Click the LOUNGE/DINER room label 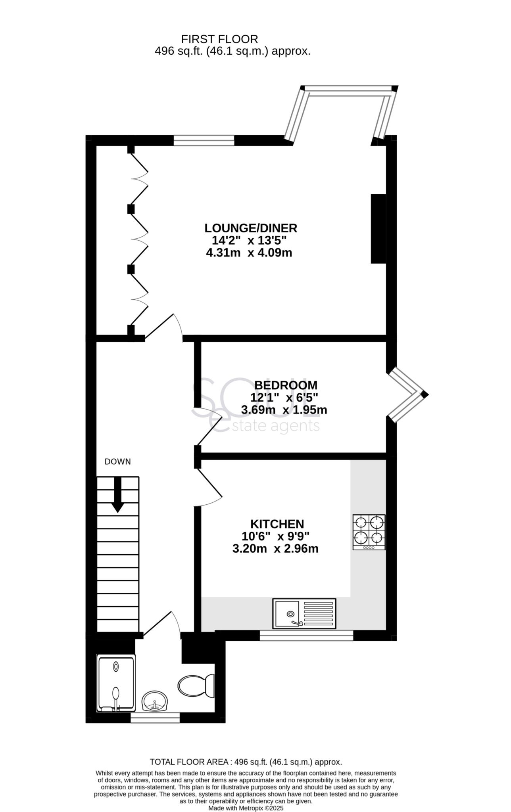pos(250,228)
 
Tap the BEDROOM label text pos(286,385)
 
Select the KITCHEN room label pos(277,524)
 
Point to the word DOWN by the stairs pos(117,462)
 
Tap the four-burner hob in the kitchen pos(369,532)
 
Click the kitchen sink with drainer pos(304,613)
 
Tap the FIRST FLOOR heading pos(219,39)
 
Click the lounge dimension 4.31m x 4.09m pos(249,253)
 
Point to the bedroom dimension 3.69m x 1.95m pos(284,410)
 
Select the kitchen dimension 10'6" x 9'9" pos(275,536)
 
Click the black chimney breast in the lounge pos(378,229)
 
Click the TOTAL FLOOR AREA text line pos(246,762)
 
